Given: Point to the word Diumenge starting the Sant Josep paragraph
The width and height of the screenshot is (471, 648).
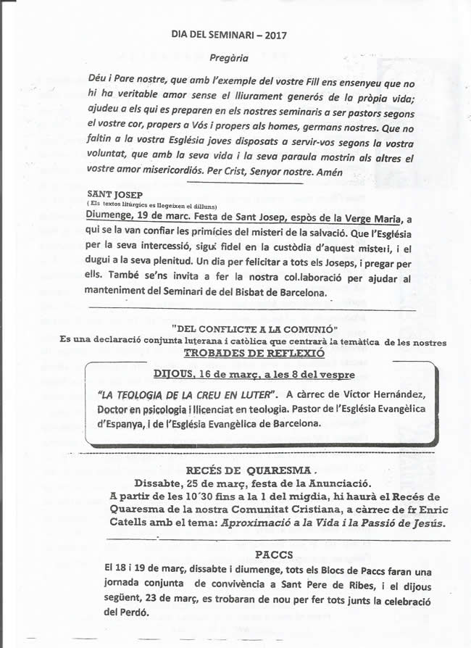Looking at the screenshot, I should pyautogui.click(x=109, y=216).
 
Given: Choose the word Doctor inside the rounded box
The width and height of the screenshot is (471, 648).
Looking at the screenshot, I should pyautogui.click(x=117, y=410).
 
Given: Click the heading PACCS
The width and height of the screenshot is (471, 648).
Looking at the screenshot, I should pyautogui.click(x=274, y=555).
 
